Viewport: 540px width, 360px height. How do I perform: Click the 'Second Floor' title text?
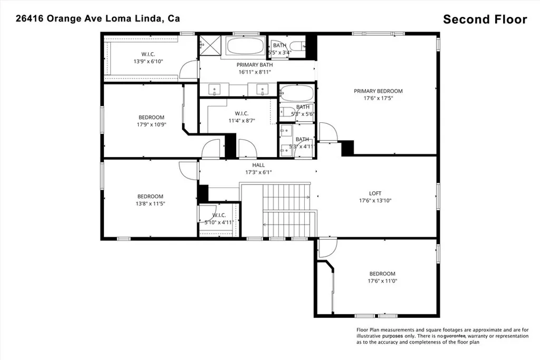coord(485,20)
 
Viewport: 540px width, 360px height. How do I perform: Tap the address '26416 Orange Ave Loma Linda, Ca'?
coord(98,18)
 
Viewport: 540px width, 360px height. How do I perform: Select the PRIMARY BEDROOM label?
coord(378,91)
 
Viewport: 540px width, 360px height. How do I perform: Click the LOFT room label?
coord(375,193)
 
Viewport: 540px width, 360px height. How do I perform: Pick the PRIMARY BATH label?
coord(255,65)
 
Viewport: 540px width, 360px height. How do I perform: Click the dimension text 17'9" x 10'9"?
coord(151,125)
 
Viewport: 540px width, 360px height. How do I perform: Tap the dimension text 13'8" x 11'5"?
coord(151,203)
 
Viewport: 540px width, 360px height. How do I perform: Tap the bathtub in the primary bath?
coord(245,46)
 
